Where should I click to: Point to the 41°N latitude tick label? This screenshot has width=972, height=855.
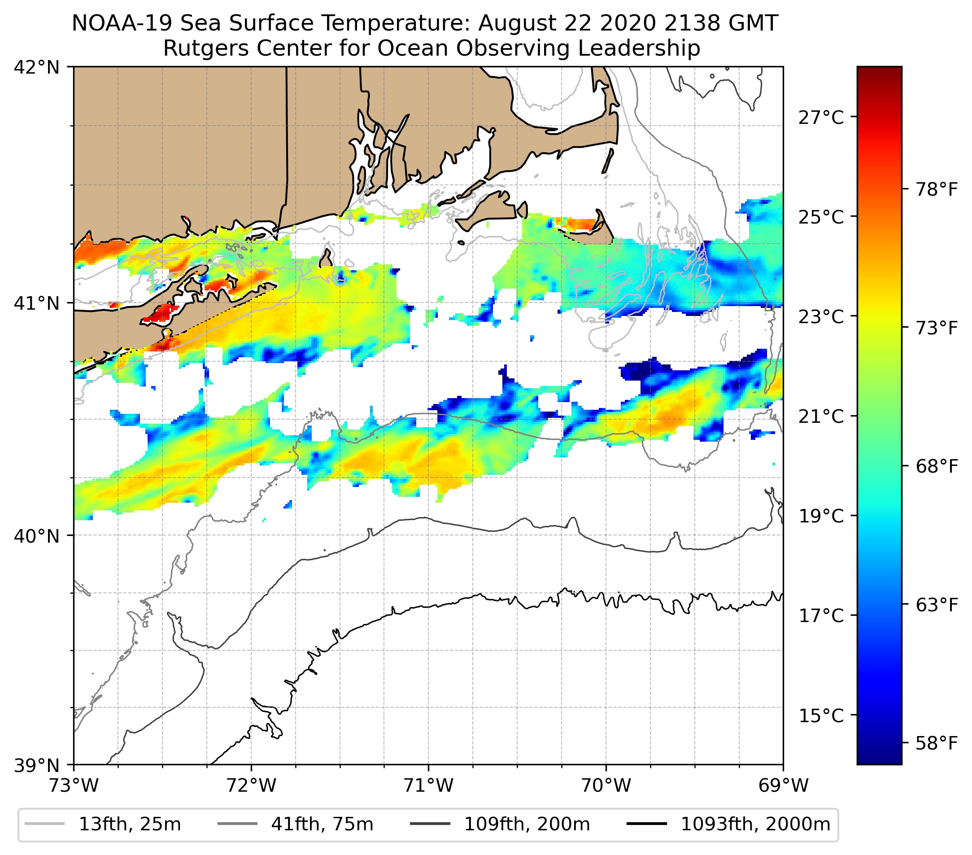click(x=37, y=303)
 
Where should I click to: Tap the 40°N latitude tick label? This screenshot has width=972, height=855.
click(x=37, y=536)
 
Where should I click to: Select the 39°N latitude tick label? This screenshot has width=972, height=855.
click(x=37, y=765)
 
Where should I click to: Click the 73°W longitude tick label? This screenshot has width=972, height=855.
click(x=74, y=785)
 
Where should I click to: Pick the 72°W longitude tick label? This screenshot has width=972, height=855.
click(x=251, y=785)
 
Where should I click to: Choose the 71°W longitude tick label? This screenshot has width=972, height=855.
click(x=428, y=785)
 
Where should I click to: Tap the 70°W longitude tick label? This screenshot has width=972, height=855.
click(x=606, y=785)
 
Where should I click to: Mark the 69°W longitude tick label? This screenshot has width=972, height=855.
click(x=783, y=785)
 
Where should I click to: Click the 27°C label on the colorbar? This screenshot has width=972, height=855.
click(x=821, y=117)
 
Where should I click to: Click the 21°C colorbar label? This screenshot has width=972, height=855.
click(x=821, y=417)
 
